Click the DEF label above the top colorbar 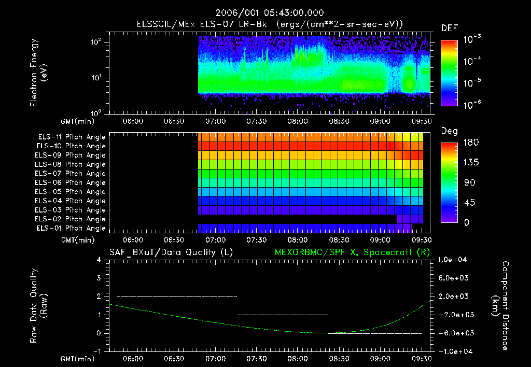[449, 29]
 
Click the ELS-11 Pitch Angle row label [71, 137]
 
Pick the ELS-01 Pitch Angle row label [71, 228]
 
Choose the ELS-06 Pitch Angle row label [71, 182]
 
